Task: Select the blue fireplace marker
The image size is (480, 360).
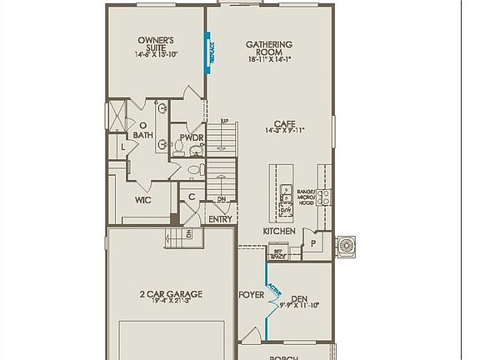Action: click(211, 52)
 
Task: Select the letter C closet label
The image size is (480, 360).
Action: click(192, 197)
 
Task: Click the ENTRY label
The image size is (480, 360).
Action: click(220, 219)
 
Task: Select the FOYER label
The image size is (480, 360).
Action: click(251, 295)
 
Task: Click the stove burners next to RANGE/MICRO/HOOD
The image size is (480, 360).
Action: click(323, 197)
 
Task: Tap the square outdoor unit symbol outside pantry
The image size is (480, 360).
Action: click(345, 246)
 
